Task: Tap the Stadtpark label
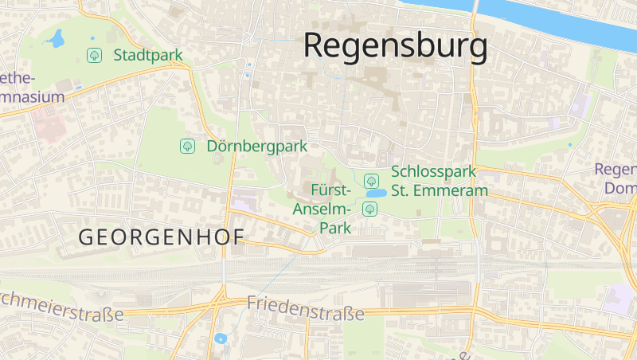(x=148, y=55)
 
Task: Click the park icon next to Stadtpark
(x=94, y=55)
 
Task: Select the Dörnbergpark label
(x=256, y=147)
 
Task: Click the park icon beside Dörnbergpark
(x=187, y=147)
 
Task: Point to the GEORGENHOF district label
(x=161, y=237)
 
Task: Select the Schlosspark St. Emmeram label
(x=433, y=182)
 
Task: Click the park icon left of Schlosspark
(x=370, y=180)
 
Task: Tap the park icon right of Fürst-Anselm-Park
(x=369, y=209)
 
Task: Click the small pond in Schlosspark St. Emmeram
(x=375, y=194)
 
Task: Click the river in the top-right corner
(x=573, y=20)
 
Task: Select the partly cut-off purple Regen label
(x=616, y=170)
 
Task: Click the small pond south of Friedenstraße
(x=221, y=338)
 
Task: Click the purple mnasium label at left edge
(x=32, y=96)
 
